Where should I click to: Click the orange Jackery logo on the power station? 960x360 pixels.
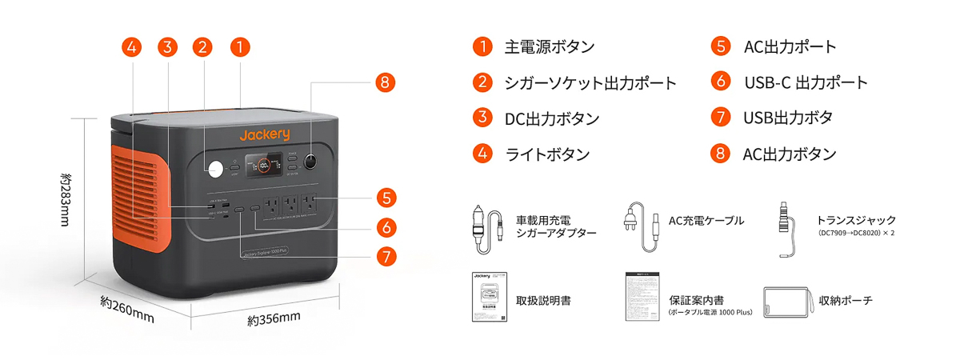[x=264, y=134]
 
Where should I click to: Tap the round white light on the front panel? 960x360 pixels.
[x=214, y=169]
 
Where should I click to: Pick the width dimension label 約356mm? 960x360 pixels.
[x=274, y=319]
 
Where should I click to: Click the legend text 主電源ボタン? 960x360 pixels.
[x=549, y=46]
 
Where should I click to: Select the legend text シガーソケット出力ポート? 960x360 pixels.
[x=590, y=82]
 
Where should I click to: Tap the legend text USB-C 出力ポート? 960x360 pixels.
[x=806, y=82]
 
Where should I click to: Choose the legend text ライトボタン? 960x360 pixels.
[x=536, y=154]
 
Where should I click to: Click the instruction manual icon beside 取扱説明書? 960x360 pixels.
[x=486, y=298]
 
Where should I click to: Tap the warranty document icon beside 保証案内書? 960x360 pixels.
[x=641, y=298]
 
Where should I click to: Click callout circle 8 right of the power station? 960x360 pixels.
[x=385, y=82]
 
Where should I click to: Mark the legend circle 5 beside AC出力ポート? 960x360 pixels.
[x=721, y=46]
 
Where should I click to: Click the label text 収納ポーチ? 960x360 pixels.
[x=846, y=301]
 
